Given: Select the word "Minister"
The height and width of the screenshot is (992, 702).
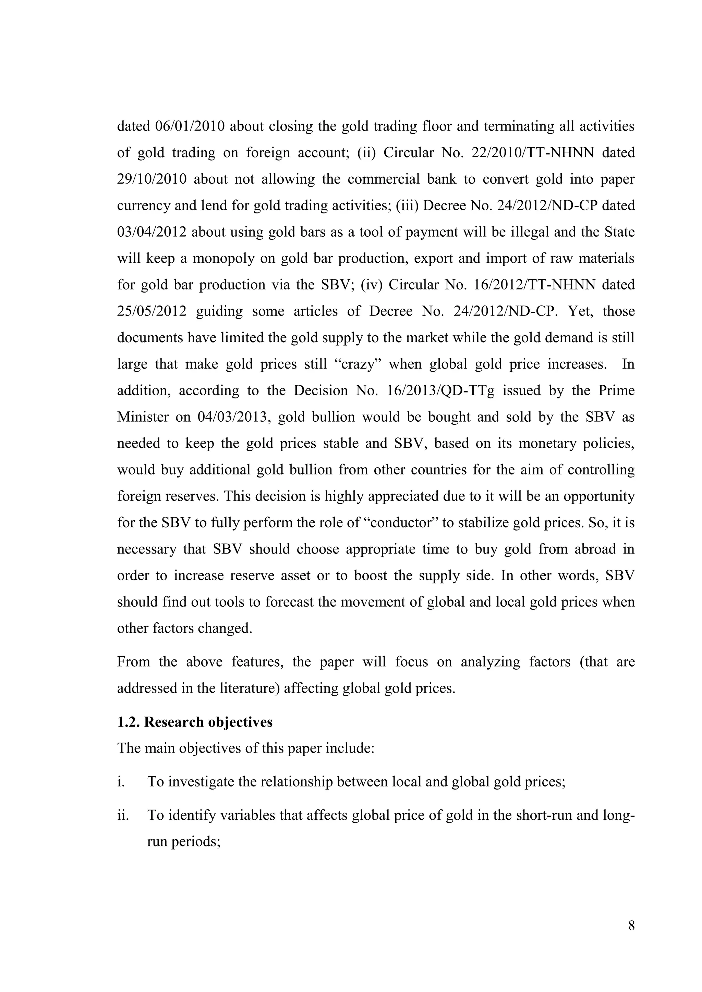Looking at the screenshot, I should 143,417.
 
